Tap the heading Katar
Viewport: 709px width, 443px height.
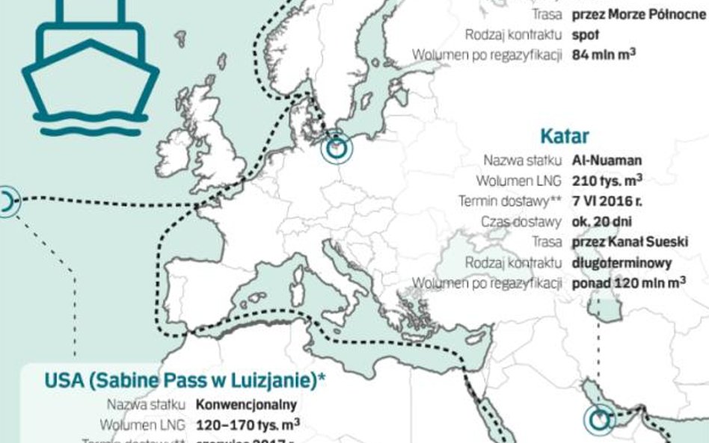pyautogui.click(x=564, y=136)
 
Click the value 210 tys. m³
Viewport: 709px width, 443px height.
pyautogui.click(x=607, y=181)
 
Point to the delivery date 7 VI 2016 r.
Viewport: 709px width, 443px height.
pyautogui.click(x=607, y=201)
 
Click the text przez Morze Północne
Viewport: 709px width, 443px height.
pyautogui.click(x=638, y=14)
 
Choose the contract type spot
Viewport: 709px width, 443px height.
pyautogui.click(x=586, y=34)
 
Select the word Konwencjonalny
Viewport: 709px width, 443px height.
pyautogui.click(x=246, y=405)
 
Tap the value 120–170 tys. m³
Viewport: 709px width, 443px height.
pyautogui.click(x=248, y=425)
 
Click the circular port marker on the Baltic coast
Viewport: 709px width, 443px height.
pyautogui.click(x=337, y=148)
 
